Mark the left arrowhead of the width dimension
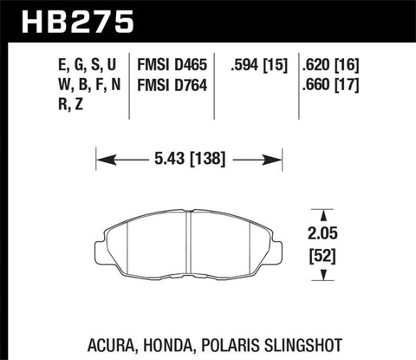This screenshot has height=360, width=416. [x=101, y=160]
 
